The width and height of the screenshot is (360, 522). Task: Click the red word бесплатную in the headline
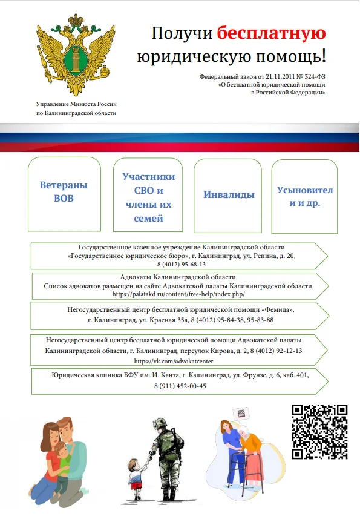(x=271, y=33)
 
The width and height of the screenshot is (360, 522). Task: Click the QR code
(x=319, y=431)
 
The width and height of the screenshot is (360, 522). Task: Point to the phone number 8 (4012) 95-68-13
(x=182, y=265)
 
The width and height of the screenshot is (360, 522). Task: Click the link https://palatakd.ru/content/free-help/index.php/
(x=178, y=294)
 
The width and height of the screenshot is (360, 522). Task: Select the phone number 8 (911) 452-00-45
(x=180, y=386)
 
